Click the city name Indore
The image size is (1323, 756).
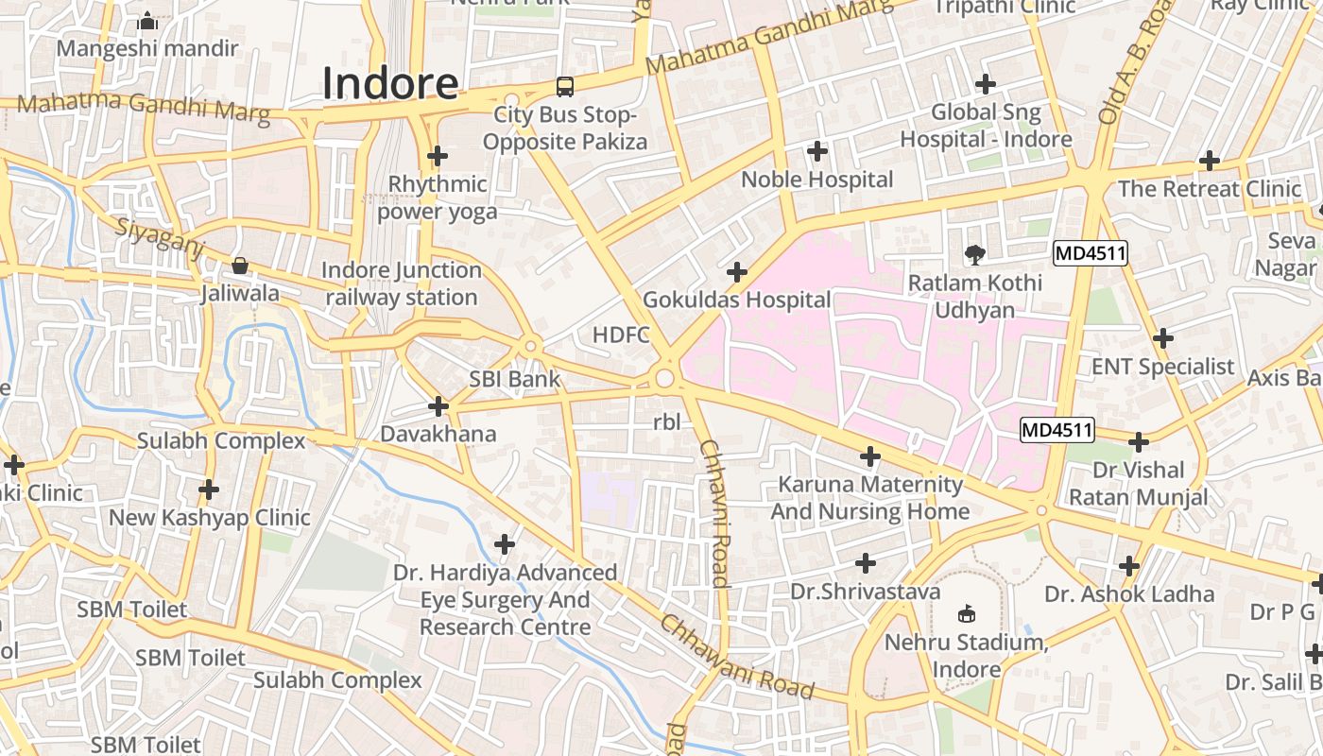pyautogui.click(x=390, y=83)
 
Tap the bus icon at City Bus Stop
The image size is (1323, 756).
pyautogui.click(x=565, y=87)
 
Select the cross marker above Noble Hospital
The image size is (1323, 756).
pyautogui.click(x=817, y=150)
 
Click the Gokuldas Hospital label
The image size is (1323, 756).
pyautogui.click(x=737, y=301)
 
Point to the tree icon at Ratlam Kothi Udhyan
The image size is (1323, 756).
pyautogui.click(x=974, y=254)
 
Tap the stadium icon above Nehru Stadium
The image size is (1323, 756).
pyautogui.click(x=966, y=614)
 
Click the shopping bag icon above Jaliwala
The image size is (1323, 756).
pyautogui.click(x=240, y=266)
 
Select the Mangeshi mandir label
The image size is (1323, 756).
pyautogui.click(x=148, y=47)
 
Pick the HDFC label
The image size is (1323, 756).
pyautogui.click(x=622, y=335)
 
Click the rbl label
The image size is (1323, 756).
pyautogui.click(x=666, y=422)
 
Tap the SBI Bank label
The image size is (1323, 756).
pyautogui.click(x=515, y=380)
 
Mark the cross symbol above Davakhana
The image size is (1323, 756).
pyautogui.click(x=438, y=406)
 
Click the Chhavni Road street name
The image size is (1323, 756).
pyautogui.click(x=715, y=513)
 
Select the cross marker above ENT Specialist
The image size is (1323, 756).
pyautogui.click(x=1163, y=338)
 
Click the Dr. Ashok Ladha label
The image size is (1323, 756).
pyautogui.click(x=1129, y=594)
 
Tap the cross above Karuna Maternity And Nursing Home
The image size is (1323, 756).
pyautogui.click(x=869, y=457)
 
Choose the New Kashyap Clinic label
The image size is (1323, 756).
pyautogui.click(x=209, y=518)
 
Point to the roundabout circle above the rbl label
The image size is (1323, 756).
pyautogui.click(x=664, y=378)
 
